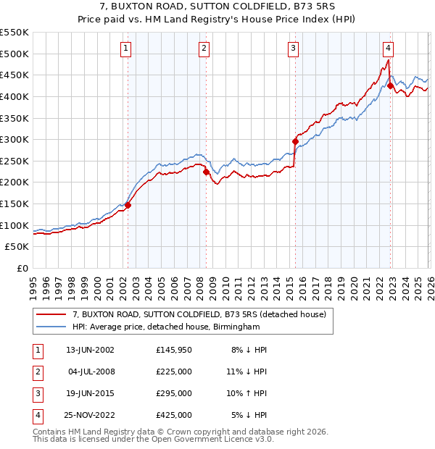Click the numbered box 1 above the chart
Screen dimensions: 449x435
[126, 49]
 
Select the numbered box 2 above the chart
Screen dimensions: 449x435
[204, 49]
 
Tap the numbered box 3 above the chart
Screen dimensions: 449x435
[293, 49]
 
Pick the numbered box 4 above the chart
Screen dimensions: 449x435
[389, 49]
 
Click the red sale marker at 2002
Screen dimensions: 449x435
[128, 205]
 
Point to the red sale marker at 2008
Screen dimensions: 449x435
[206, 172]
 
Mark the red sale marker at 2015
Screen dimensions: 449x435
[295, 141]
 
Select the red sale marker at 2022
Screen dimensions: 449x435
[390, 85]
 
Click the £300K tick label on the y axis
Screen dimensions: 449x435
[15, 139]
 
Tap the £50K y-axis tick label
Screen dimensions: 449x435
[18, 247]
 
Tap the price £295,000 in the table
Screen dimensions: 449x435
[174, 393]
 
